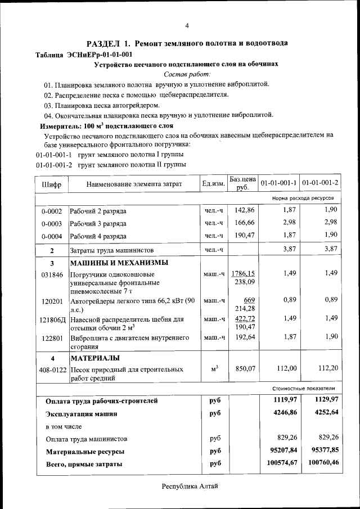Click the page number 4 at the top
(187, 25)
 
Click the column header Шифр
(51, 184)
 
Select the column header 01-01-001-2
(320, 183)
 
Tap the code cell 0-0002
(51, 211)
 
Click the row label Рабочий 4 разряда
(98, 236)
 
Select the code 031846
(51, 274)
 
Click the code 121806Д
(52, 319)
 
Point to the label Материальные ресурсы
(85, 451)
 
